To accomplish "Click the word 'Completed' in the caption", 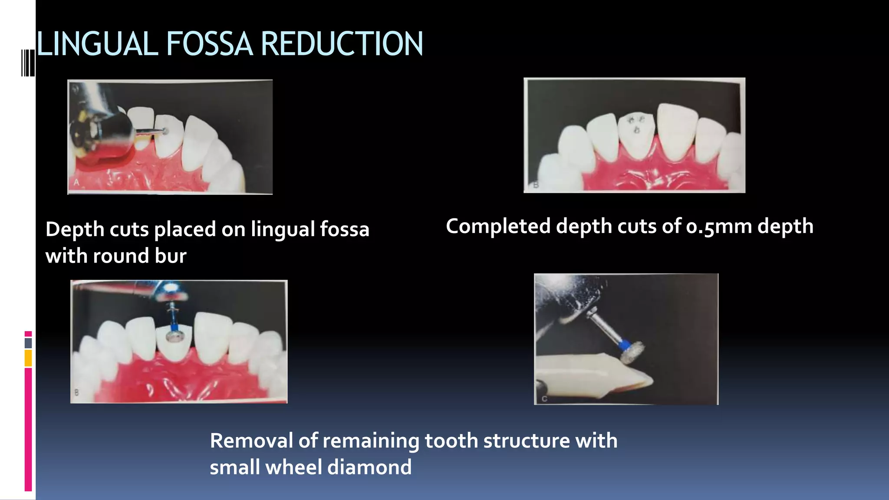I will coord(498,226).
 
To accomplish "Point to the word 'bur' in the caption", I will coord(171,256).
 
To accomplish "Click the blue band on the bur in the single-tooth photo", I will coord(624,345).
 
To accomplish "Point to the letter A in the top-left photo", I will coord(76,182).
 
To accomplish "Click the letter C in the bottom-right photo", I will coord(544,398).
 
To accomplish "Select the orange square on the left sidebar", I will coord(28,358).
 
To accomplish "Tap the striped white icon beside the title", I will coord(28,63).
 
